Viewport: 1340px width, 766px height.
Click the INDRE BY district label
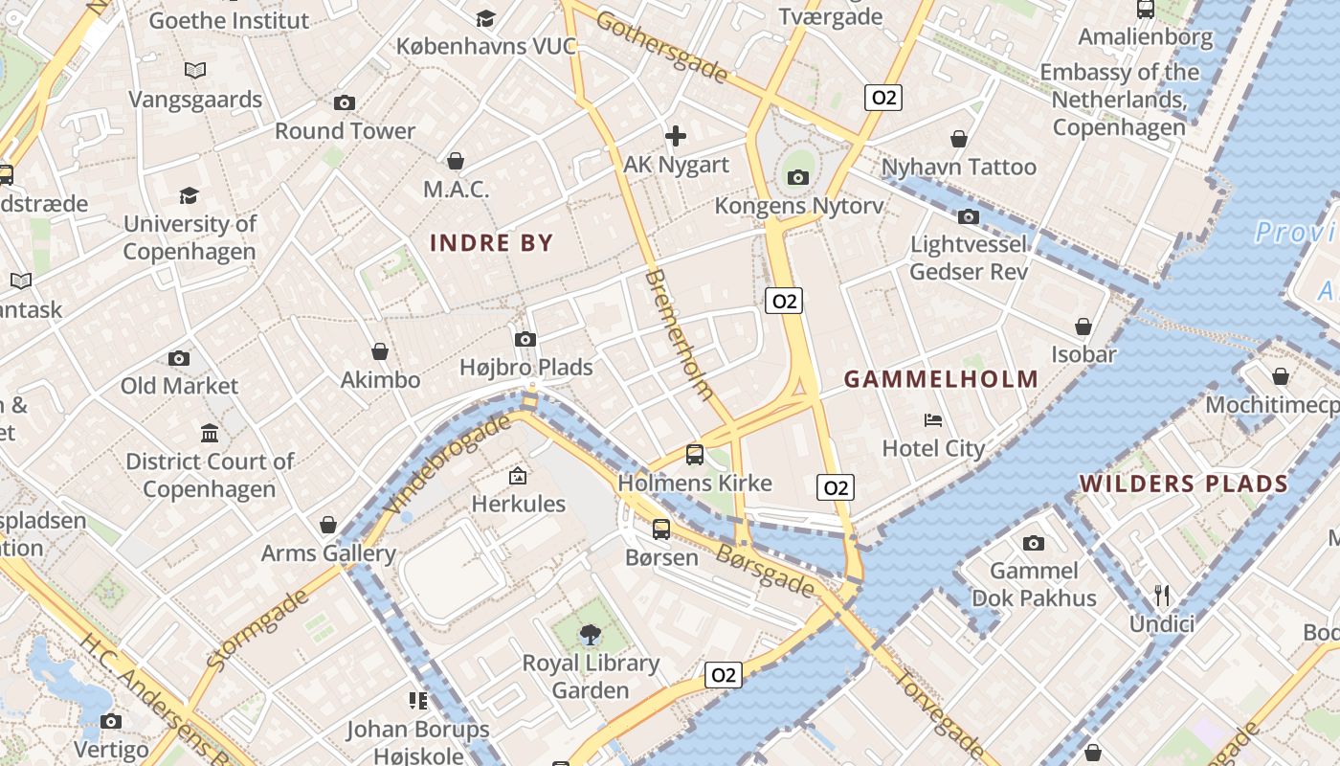pos(492,242)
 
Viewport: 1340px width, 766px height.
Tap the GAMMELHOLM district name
pos(941,379)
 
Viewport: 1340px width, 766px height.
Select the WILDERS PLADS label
pos(1184,484)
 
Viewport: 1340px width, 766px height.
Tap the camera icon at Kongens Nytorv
pos(798,177)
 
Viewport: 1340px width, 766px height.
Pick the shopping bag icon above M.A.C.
pos(456,161)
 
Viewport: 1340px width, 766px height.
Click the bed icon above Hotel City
pos(933,420)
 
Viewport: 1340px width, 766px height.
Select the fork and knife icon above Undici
pos(1162,596)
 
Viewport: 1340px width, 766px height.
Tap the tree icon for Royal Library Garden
pos(591,634)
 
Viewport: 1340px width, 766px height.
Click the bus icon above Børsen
pos(661,529)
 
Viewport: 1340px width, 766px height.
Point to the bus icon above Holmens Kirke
pos(695,455)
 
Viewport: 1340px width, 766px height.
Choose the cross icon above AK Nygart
pos(676,136)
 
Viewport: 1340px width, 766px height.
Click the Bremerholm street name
pos(681,333)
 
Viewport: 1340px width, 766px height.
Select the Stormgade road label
pos(257,629)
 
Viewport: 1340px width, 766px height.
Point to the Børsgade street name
pos(766,570)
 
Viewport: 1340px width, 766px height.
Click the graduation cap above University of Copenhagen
pos(190,196)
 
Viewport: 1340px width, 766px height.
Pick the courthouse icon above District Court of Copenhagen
pos(211,434)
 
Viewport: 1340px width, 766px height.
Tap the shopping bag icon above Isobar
pos(1083,327)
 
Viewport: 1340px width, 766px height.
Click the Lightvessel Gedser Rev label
pos(969,258)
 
